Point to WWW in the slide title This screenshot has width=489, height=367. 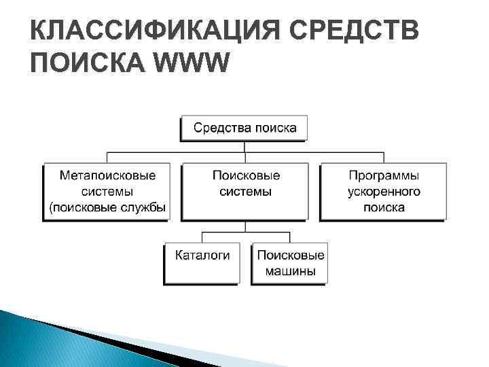point(193,63)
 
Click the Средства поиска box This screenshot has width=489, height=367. point(244,128)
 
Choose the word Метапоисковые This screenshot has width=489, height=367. point(107,175)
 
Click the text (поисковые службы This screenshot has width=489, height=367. point(107,207)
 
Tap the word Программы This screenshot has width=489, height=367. point(384,175)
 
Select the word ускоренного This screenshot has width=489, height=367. point(384,192)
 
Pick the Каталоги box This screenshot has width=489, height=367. point(202,263)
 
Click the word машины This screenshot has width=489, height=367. point(289,272)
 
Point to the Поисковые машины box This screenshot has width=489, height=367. point(289,264)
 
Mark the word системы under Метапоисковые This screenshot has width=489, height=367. point(107,192)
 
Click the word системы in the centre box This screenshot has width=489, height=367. point(245,192)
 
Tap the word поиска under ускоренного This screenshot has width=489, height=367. point(384,207)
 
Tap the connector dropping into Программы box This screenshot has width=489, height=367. point(383,158)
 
